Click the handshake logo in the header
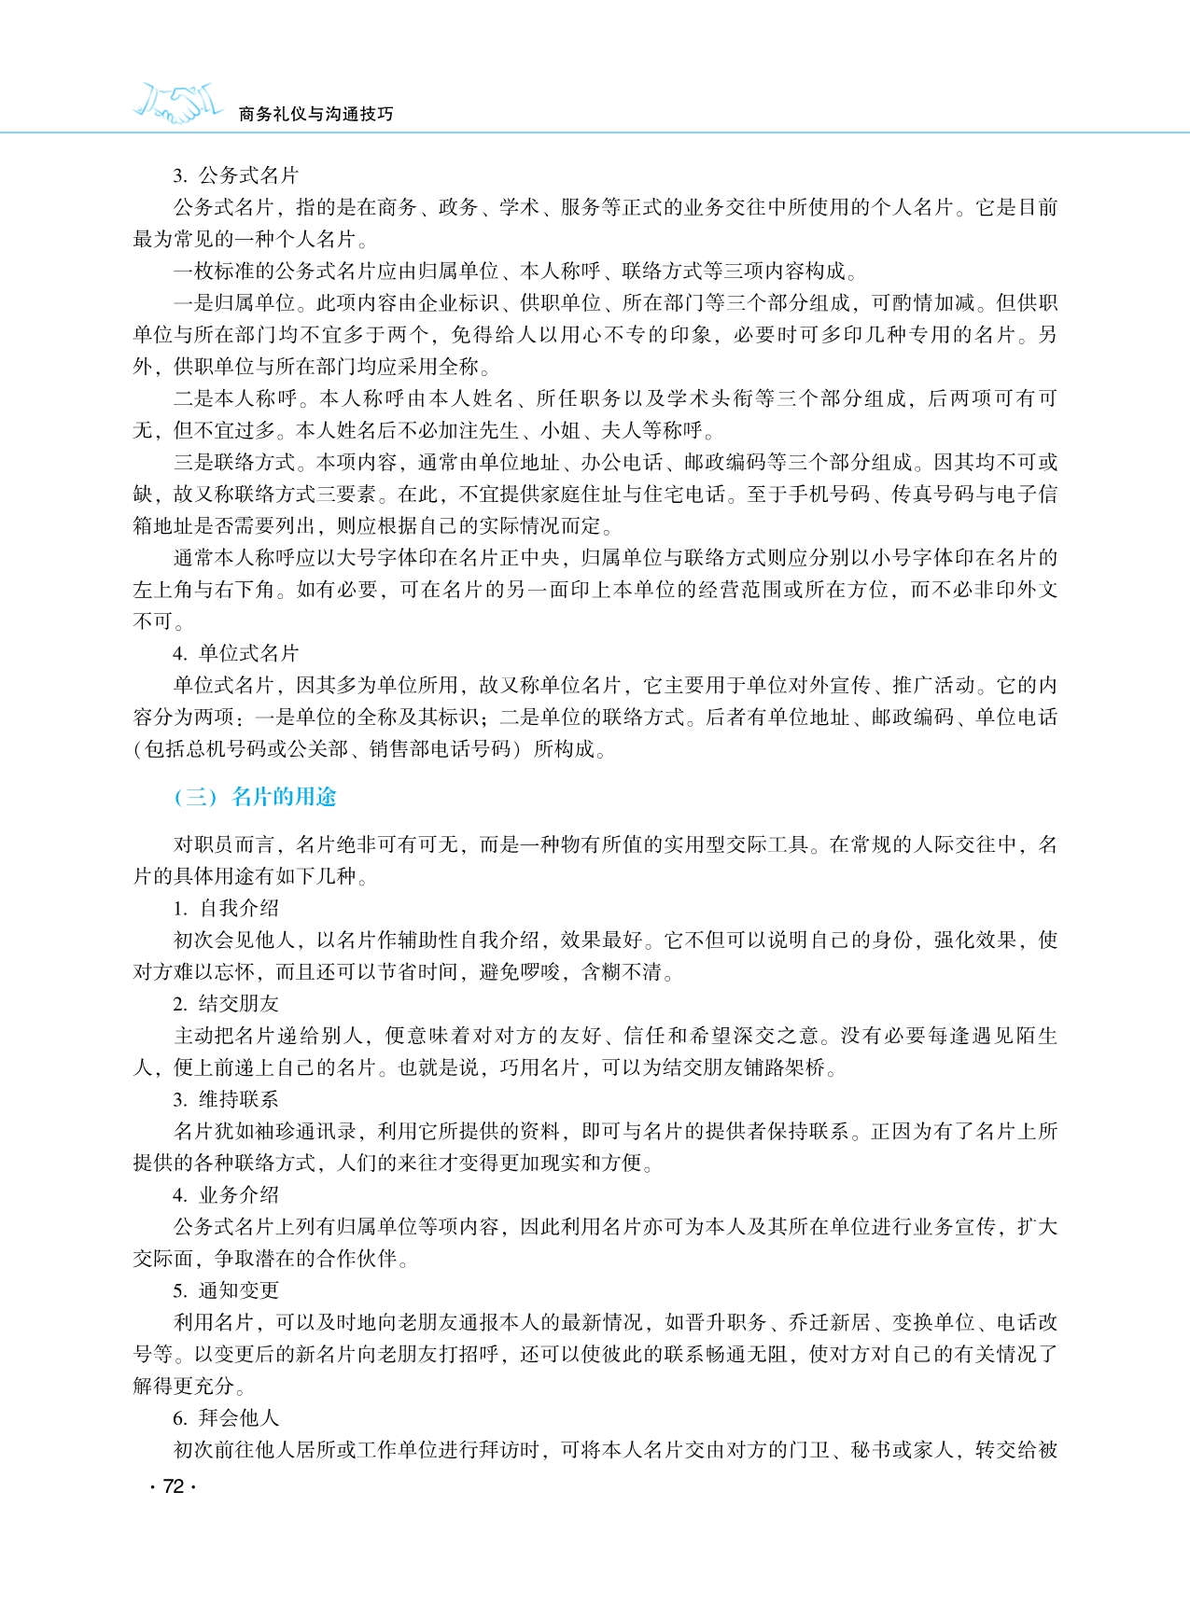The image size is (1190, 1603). coord(178,104)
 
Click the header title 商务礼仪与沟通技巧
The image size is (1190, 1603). coord(316,114)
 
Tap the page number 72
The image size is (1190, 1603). coord(173,1486)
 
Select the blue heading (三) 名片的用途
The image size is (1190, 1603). coord(255,797)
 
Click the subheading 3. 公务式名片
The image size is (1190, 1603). coord(235,175)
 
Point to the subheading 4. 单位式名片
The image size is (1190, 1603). coord(235,653)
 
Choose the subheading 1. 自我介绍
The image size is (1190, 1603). coord(226,908)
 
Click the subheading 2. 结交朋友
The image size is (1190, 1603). coord(226,1004)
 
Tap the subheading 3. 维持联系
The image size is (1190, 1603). coord(226,1099)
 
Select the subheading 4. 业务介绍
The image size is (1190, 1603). coord(226,1195)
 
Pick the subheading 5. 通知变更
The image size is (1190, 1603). coord(226,1290)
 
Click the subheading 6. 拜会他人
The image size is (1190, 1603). coord(226,1418)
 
